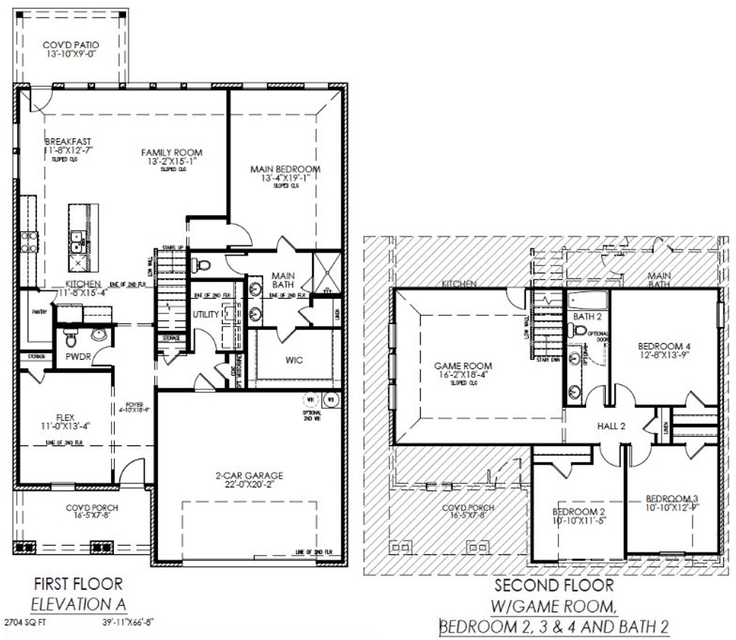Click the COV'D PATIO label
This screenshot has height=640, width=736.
tap(71, 45)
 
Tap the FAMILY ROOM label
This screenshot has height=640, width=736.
tap(172, 152)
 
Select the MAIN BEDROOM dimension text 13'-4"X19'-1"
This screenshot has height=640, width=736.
tap(285, 178)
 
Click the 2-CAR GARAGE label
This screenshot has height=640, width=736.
tap(249, 476)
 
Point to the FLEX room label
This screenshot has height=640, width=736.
tap(66, 416)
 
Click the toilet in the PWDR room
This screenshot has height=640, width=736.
tap(71, 341)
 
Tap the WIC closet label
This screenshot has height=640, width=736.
tap(294, 360)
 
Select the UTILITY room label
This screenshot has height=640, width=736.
tap(206, 314)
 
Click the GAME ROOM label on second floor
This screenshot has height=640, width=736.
tap(463, 366)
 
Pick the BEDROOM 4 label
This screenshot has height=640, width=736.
tap(664, 346)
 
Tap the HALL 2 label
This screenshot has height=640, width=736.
tap(611, 426)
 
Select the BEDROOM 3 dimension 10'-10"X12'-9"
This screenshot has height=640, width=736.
tap(672, 507)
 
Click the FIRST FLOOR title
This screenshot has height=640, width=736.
tap(78, 584)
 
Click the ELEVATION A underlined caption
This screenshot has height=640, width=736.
tap(78, 604)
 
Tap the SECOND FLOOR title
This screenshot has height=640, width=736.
tap(554, 586)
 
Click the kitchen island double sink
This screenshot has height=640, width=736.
tap(75, 242)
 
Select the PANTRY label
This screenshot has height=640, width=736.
tap(39, 312)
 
